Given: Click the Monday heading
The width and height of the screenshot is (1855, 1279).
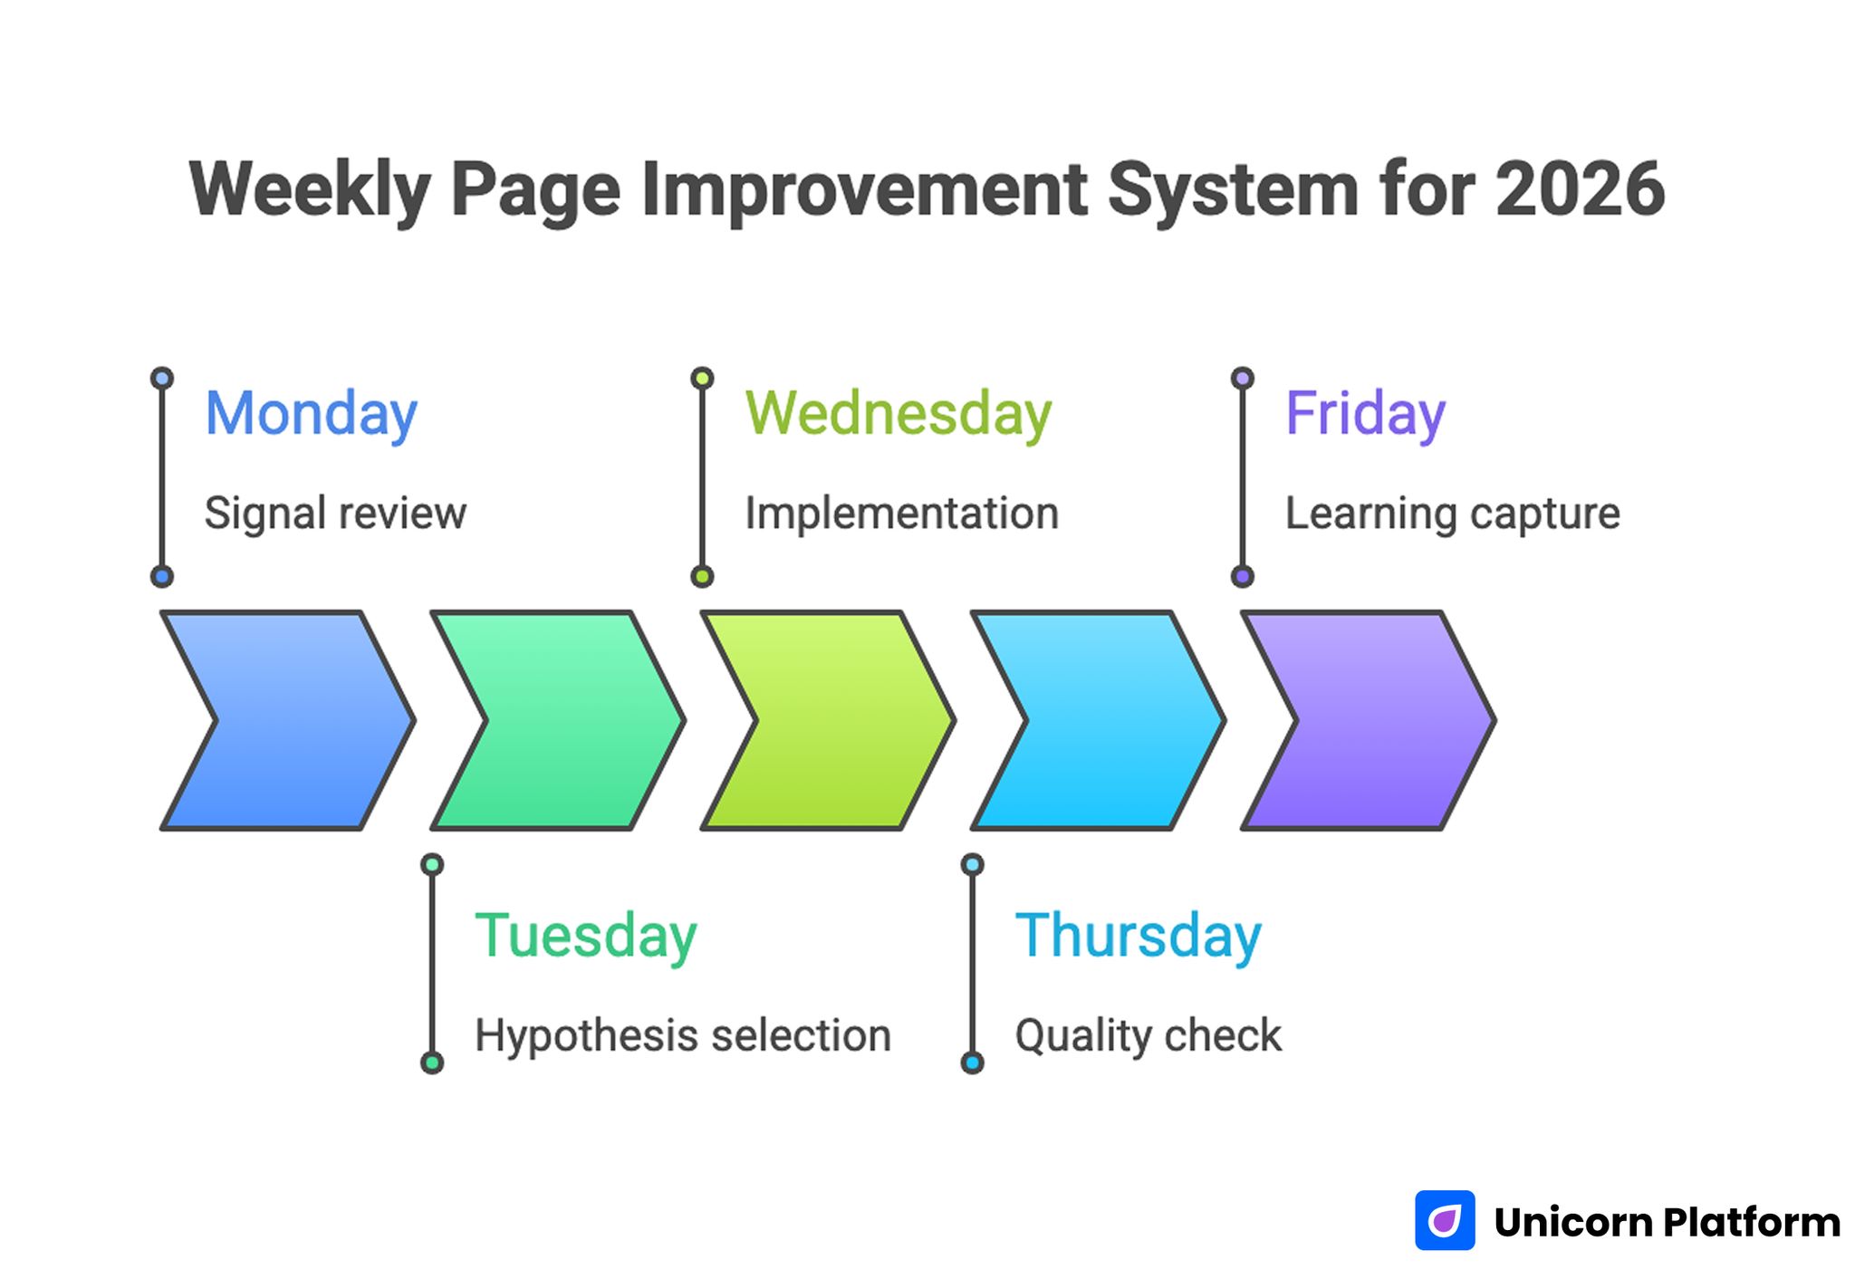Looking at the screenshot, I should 311,414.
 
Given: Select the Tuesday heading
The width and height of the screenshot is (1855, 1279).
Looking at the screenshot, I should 585,936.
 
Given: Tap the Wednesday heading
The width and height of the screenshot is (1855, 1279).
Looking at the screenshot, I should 898,414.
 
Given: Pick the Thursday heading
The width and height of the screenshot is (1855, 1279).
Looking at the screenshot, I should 1138,936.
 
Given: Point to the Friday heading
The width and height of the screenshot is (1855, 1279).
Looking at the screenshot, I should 1365,414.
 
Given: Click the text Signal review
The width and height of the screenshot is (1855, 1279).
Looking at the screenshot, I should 335,514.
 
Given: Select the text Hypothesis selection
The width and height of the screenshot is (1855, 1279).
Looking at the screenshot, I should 683,1035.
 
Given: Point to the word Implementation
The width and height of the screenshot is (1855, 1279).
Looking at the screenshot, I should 901,514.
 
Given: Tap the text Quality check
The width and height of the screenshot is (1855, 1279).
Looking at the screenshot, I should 1148,1035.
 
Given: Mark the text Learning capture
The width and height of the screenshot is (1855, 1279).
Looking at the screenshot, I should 1452,514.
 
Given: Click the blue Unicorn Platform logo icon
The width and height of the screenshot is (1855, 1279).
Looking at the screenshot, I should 1445,1220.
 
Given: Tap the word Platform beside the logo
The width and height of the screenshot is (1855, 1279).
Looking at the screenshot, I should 1752,1222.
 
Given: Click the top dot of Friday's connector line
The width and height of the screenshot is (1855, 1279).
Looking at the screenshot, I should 1243,378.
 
